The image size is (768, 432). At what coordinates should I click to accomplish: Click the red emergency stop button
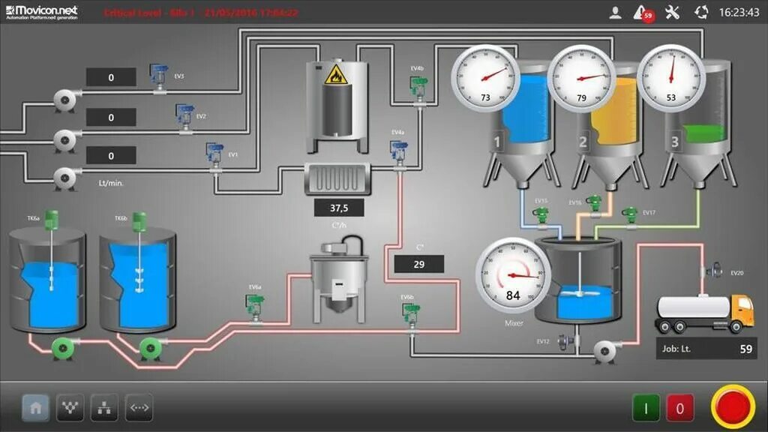(x=733, y=408)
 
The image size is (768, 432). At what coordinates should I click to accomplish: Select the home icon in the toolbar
(x=35, y=408)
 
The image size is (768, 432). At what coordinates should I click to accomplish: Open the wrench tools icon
(x=672, y=12)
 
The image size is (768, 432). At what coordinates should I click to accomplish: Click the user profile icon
(x=615, y=12)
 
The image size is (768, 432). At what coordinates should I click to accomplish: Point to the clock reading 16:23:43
(x=739, y=13)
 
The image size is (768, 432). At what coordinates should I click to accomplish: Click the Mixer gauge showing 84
(x=514, y=274)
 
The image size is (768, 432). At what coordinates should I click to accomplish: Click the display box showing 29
(x=418, y=264)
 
